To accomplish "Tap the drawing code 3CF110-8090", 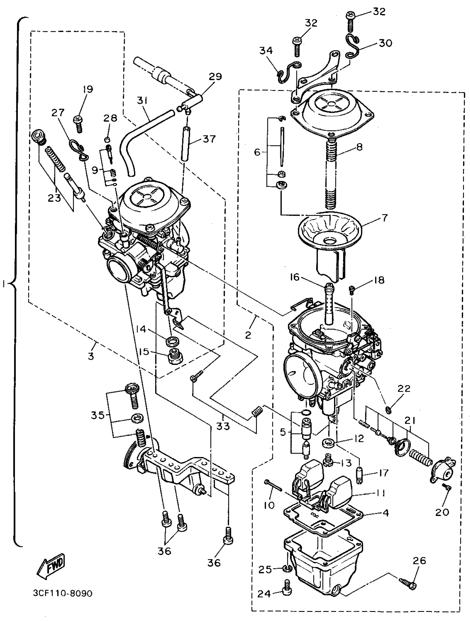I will (x=62, y=594).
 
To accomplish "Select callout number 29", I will (x=215, y=76).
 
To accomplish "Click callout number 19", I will (x=88, y=89).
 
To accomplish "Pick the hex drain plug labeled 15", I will (x=175, y=359).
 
